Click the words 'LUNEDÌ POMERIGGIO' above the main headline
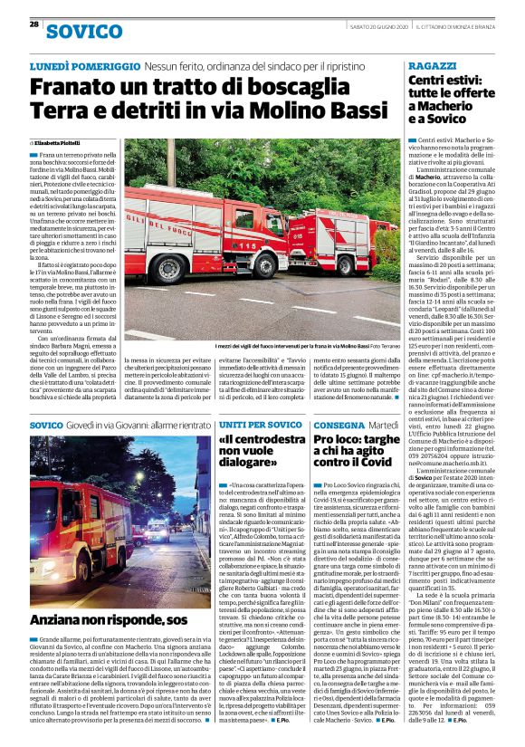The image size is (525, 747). tap(85, 66)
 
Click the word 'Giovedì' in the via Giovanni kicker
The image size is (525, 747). tap(86, 425)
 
